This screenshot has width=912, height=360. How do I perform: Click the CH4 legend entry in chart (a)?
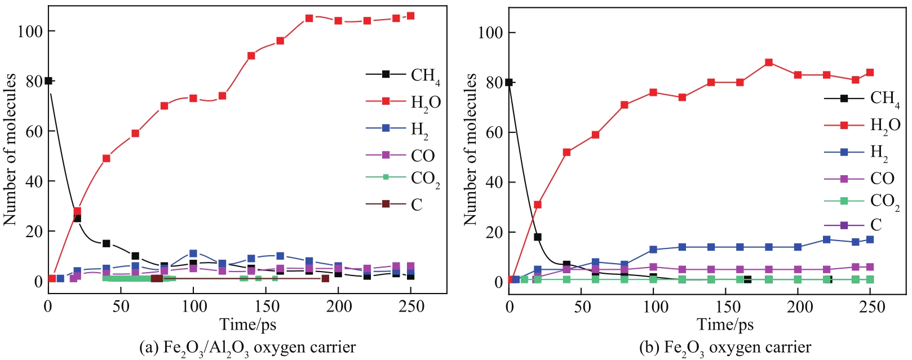pos(404,75)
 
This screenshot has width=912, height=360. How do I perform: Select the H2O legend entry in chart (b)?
pos(862,125)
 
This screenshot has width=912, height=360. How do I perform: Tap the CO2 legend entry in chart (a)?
pos(404,178)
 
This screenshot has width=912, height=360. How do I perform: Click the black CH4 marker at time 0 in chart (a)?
pos(48,81)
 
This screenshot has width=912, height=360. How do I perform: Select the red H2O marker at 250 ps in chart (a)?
pos(410,16)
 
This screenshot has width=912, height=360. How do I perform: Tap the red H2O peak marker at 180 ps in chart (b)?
pos(769,63)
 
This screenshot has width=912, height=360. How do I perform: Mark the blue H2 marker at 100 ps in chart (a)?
pos(193,254)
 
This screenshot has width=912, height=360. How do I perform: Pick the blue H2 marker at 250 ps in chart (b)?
pos(870,239)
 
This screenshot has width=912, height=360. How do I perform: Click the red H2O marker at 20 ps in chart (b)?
pos(538,205)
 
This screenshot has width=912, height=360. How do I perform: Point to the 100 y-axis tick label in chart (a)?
pos(30,32)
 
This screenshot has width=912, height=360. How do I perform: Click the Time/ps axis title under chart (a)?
pos(247,325)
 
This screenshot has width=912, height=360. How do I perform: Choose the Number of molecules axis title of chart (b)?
pos(471,149)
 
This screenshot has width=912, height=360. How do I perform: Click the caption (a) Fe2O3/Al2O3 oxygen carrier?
pos(247,347)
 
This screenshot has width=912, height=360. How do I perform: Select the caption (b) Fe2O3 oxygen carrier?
pos(725,347)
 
